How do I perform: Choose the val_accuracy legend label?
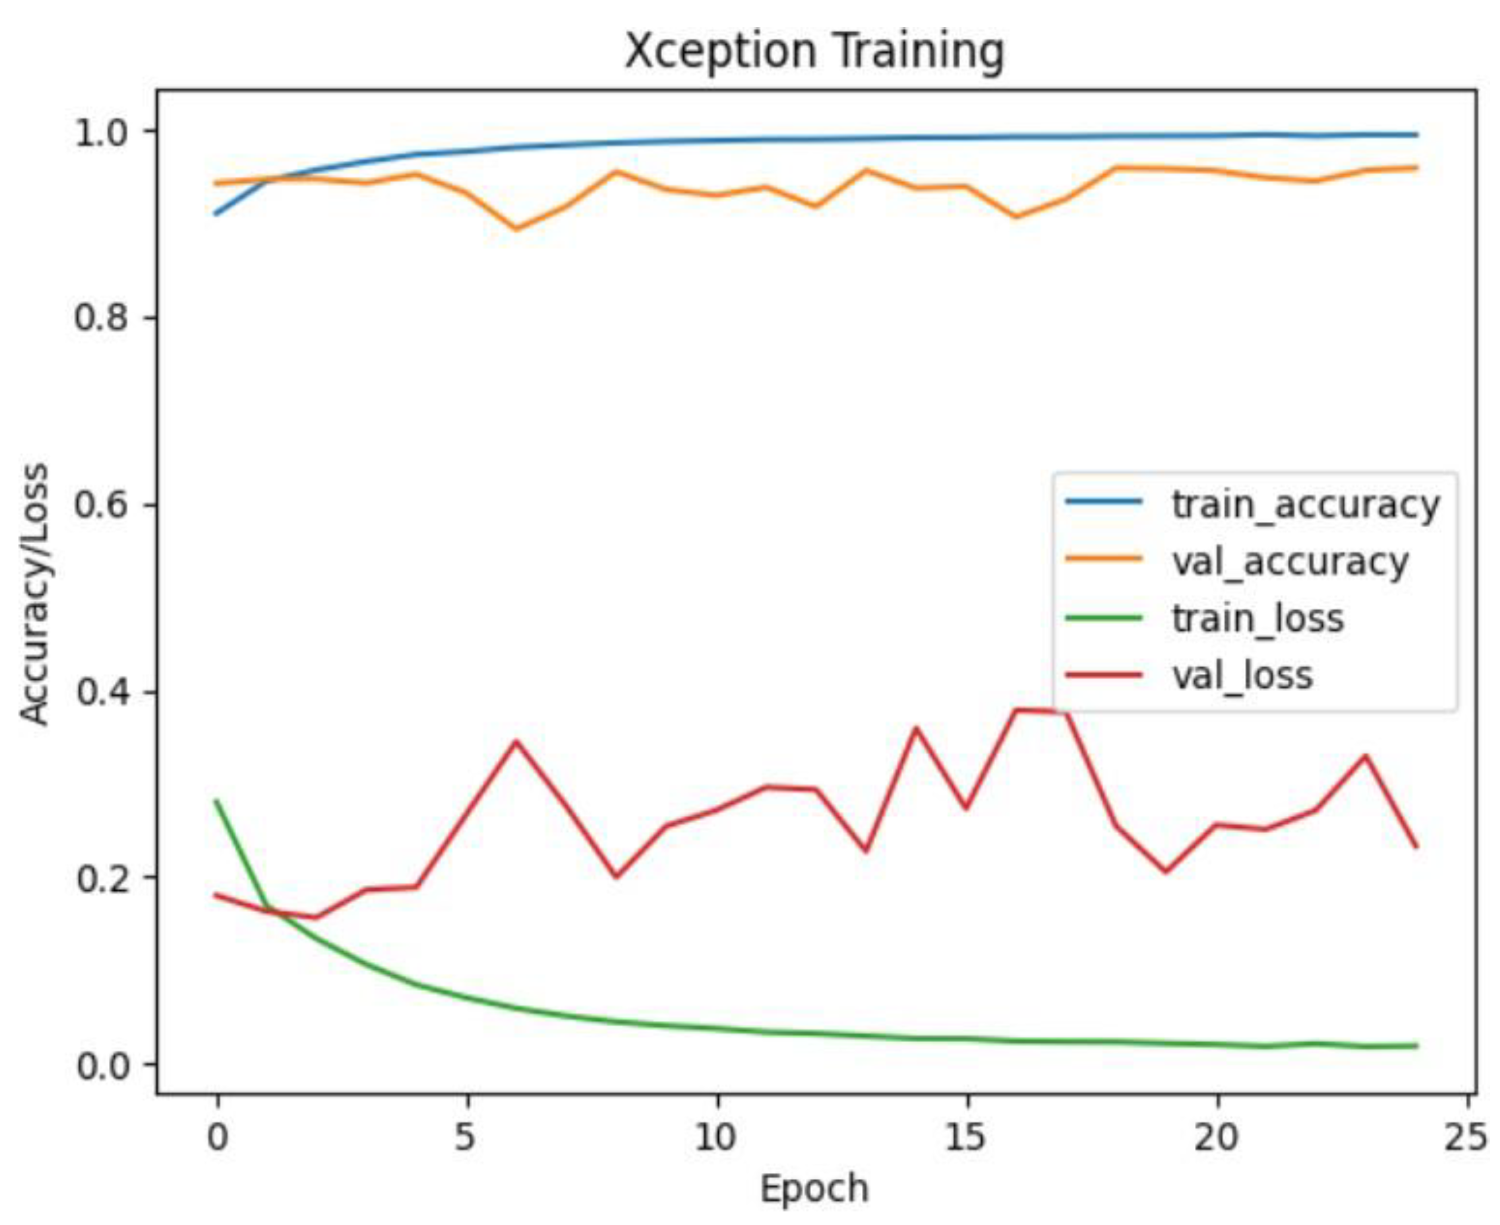point(1290,562)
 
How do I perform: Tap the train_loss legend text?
point(1257,619)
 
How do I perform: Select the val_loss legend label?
point(1242,676)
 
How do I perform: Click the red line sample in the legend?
point(1103,675)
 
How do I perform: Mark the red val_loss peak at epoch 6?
point(516,741)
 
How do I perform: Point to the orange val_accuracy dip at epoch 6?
point(516,229)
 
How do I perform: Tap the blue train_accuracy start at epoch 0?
point(217,214)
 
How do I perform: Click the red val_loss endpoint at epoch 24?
point(1416,847)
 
